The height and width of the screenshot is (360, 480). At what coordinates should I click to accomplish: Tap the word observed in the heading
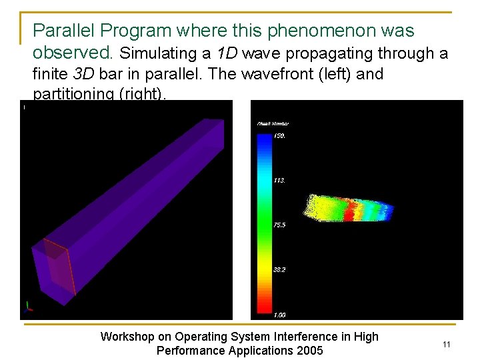coord(73,52)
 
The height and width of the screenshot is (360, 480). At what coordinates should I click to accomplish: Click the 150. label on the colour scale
coord(279,135)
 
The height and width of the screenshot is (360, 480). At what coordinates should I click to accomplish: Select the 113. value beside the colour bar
coord(279,180)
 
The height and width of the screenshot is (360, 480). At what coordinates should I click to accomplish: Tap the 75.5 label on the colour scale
coord(279,225)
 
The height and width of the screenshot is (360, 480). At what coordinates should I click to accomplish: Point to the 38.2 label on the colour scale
coord(279,270)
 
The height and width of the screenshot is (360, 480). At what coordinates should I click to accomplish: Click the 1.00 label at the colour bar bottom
coord(279,315)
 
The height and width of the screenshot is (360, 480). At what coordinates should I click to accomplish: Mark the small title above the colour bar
coord(273,123)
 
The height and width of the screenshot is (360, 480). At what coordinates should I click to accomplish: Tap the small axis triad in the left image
coord(28,307)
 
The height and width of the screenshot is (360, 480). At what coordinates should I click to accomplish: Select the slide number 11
coord(447,344)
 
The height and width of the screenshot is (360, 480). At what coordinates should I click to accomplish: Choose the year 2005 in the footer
coord(309,351)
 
